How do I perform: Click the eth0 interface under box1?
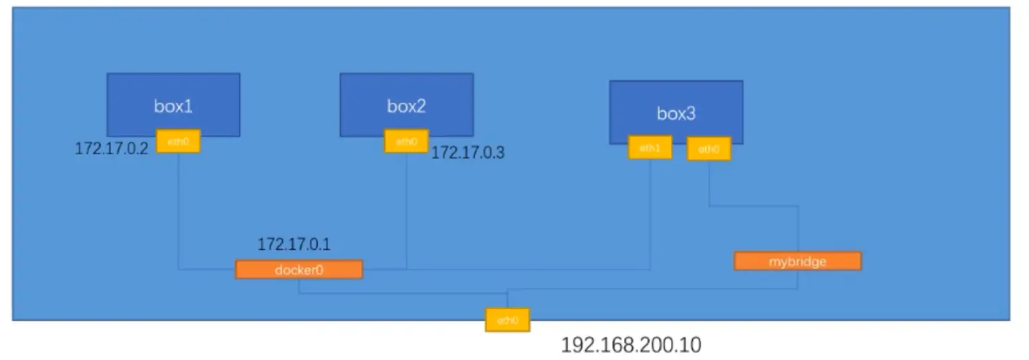click(x=178, y=141)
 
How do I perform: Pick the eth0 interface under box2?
click(x=407, y=141)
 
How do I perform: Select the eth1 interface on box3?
click(x=650, y=147)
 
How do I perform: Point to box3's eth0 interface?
click(x=709, y=149)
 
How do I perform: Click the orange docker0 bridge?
click(x=298, y=269)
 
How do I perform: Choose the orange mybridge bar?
click(x=797, y=261)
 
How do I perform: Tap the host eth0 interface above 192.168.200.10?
click(x=507, y=320)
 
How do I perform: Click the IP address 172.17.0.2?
click(x=111, y=149)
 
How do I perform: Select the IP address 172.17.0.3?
click(x=467, y=153)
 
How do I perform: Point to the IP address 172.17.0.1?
click(x=294, y=244)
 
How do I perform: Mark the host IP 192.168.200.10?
click(x=631, y=345)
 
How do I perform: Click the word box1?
click(x=173, y=106)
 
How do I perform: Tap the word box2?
click(x=406, y=106)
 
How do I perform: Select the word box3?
click(x=676, y=114)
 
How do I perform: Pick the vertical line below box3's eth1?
click(x=650, y=213)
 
